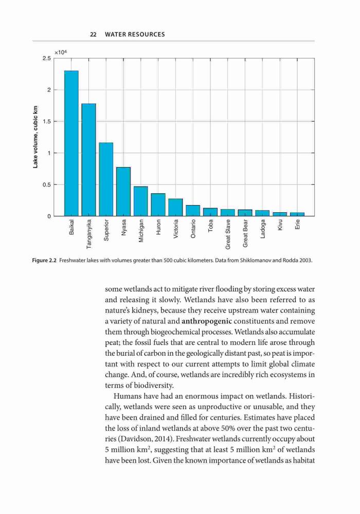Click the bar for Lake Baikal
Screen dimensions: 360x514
[71, 143]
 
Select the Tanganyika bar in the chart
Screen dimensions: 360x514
[88, 160]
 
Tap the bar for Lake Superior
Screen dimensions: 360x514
[106, 179]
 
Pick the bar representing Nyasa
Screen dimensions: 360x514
[123, 191]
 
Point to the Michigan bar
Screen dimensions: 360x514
[140, 201]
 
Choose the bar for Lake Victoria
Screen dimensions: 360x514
[175, 207]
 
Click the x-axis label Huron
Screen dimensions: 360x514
[158, 227]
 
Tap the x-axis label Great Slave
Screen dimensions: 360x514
[228, 234]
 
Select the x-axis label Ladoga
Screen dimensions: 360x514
[263, 229]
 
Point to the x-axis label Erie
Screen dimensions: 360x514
[297, 225]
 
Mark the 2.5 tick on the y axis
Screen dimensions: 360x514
[47, 59]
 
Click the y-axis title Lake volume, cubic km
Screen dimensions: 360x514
[35, 137]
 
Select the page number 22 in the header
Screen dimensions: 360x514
[93, 34]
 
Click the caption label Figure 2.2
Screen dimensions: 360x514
[44, 261]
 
